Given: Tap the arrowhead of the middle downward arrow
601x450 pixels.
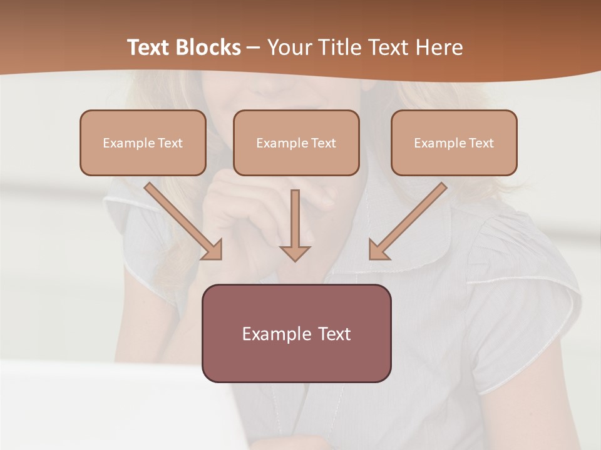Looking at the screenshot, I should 295,252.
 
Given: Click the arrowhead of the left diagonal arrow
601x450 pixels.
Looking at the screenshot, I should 213,251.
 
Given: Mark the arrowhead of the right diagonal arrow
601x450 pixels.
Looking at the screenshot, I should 378,251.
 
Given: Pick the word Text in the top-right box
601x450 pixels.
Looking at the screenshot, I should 481,143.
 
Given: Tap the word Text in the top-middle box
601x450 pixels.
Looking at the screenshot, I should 324,143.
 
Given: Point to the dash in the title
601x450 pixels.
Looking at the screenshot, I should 254,47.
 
